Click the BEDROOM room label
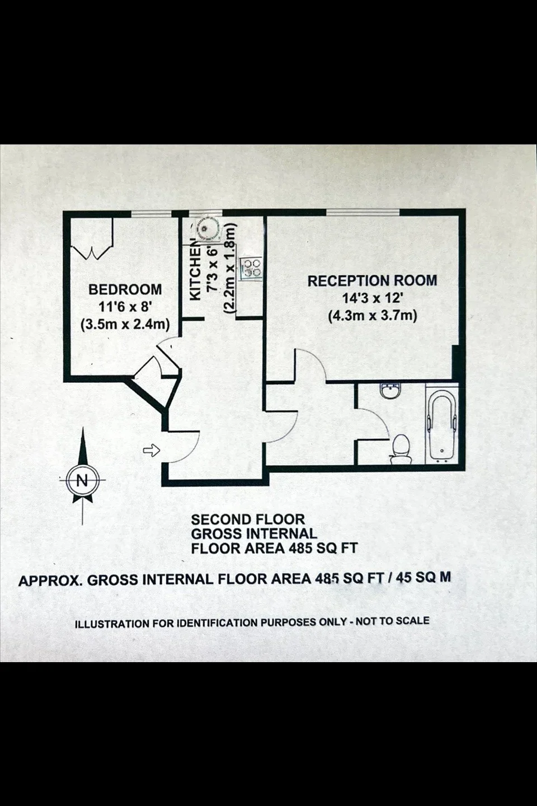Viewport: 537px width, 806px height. coord(125,289)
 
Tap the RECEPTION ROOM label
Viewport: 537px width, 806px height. coord(373,280)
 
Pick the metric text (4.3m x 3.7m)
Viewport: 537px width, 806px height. coord(373,316)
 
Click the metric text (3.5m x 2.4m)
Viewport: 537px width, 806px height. coord(125,325)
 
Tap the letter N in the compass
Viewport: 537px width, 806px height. coord(82,480)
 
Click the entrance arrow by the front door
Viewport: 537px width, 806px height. coord(152,450)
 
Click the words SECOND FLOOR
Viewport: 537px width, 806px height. coord(248,519)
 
